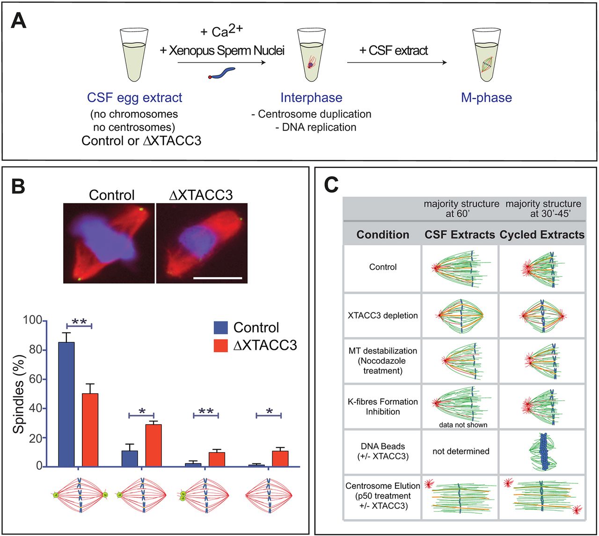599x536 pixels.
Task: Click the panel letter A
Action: click(19, 22)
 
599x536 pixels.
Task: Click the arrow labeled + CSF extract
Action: click(396, 63)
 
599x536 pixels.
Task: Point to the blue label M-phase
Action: click(486, 98)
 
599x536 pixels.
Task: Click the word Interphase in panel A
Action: click(311, 98)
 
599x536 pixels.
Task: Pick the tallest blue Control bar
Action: click(66, 402)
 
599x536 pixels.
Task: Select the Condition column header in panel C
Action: click(382, 235)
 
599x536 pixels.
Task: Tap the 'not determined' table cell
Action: click(460, 451)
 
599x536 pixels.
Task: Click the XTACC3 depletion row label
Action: click(383, 316)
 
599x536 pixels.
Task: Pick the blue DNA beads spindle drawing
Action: click(542, 451)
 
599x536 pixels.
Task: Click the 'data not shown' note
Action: click(463, 425)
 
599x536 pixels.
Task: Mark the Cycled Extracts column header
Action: click(542, 235)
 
